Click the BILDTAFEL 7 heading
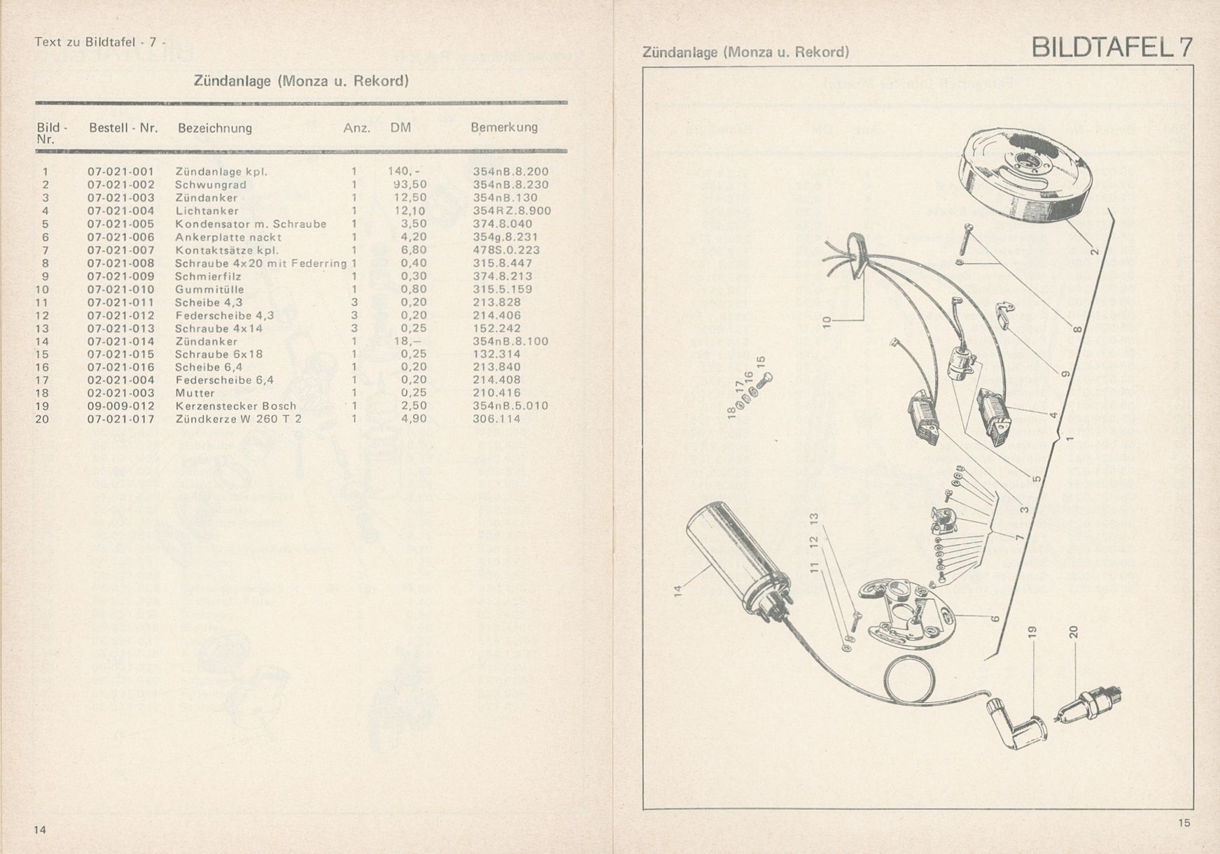(x=1112, y=48)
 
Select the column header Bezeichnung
(x=214, y=128)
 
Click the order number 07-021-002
(x=120, y=185)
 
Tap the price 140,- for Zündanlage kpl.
(x=404, y=171)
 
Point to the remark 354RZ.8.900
(x=511, y=211)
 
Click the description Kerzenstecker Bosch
(x=235, y=406)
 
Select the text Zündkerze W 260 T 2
(x=238, y=419)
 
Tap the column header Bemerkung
(x=504, y=127)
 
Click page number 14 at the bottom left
(x=40, y=830)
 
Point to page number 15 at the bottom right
(x=1183, y=823)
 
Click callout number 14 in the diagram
(x=678, y=591)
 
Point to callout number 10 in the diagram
(x=827, y=322)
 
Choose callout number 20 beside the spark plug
(x=1074, y=632)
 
